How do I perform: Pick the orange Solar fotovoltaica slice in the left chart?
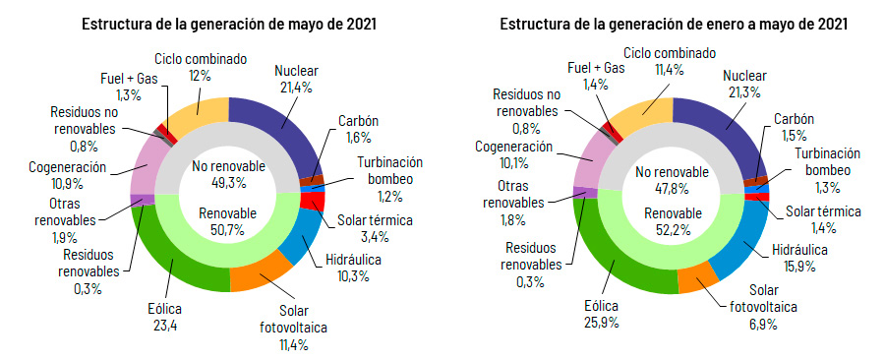(x=258, y=276)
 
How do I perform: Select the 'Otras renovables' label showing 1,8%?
(x=518, y=194)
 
